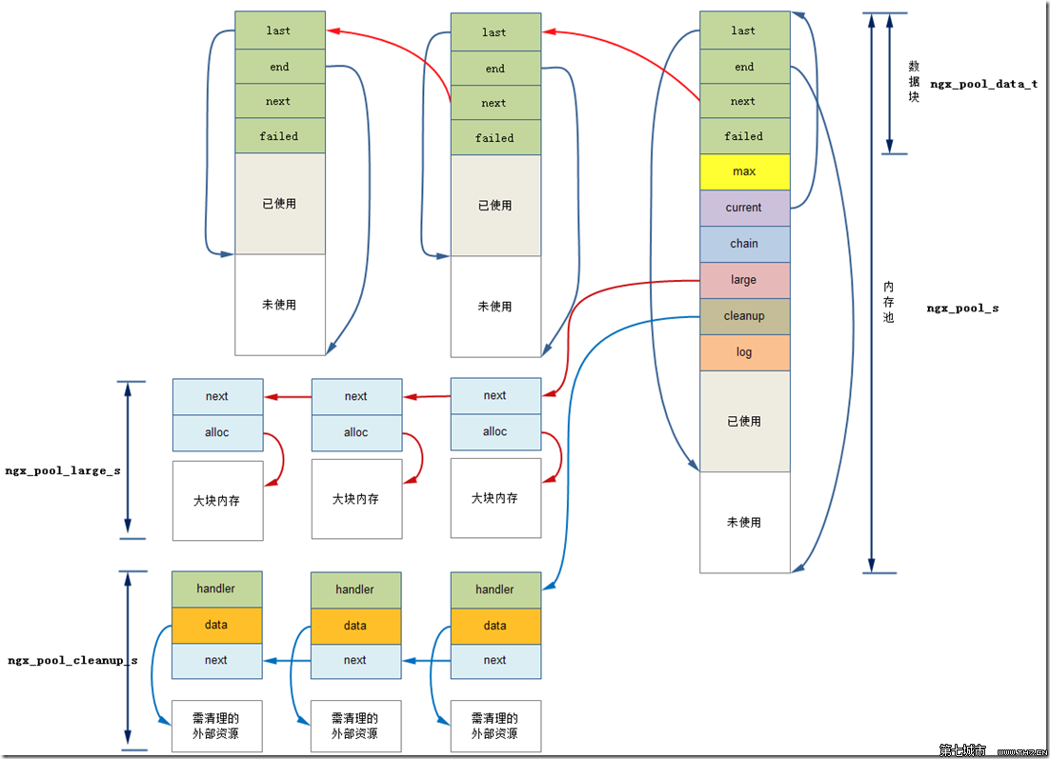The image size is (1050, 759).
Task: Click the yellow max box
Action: point(744,171)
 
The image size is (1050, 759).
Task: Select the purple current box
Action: point(744,208)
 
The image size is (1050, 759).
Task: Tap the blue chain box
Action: point(744,244)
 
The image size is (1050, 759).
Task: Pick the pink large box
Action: point(744,280)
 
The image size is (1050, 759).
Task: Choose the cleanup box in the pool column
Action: point(744,316)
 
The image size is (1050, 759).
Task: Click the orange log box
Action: point(744,352)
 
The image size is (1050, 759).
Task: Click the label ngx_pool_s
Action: point(962,309)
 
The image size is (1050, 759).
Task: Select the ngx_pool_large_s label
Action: point(63,470)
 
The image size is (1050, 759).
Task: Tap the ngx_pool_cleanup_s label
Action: point(72,660)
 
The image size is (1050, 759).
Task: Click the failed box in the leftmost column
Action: point(279,136)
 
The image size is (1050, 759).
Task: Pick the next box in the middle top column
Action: point(495,103)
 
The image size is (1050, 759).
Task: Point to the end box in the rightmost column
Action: point(744,67)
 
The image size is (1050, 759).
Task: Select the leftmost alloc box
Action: point(217,432)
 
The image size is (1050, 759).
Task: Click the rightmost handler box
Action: point(495,589)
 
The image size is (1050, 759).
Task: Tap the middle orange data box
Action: point(355,626)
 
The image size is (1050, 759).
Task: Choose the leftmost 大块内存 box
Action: point(217,500)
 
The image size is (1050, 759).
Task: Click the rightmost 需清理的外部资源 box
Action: point(495,726)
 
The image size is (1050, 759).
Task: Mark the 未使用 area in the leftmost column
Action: point(279,305)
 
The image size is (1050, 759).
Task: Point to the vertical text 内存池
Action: point(889,302)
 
